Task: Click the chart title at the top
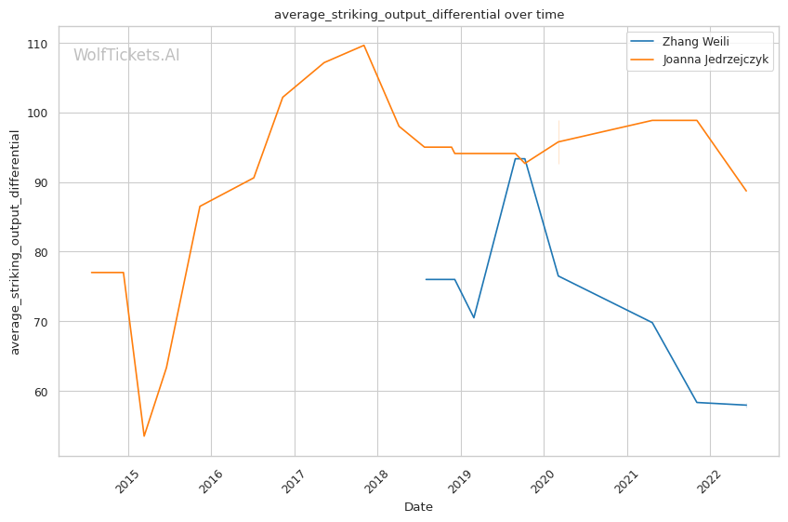(x=418, y=15)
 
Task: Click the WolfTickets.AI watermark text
(x=126, y=54)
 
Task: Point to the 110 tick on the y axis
(x=37, y=45)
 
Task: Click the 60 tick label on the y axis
(x=41, y=392)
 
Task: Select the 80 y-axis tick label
(x=41, y=253)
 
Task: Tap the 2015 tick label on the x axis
(x=127, y=481)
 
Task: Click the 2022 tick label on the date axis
(x=710, y=481)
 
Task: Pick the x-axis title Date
(x=418, y=507)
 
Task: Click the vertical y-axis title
(x=15, y=242)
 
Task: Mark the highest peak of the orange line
(x=363, y=46)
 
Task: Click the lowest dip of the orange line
(x=144, y=435)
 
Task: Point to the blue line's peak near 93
(x=520, y=159)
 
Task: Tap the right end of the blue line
(x=747, y=405)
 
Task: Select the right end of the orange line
(x=747, y=192)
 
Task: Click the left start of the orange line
(x=91, y=273)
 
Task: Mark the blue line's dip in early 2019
(x=474, y=317)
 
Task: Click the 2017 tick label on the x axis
(x=294, y=481)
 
